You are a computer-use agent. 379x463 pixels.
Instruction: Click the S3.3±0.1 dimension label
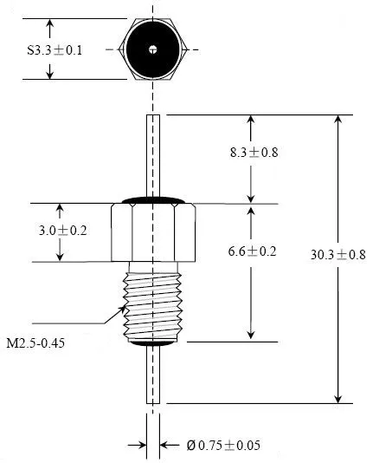coord(55,49)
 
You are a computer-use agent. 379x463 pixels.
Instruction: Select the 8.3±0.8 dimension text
coord(254,153)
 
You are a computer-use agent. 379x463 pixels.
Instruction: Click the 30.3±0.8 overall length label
coord(339,254)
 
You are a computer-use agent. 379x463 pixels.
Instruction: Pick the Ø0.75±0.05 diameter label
coord(223,446)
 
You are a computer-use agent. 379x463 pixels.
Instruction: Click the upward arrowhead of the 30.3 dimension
coord(337,120)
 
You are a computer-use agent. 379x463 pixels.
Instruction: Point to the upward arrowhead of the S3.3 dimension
coord(49,23)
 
